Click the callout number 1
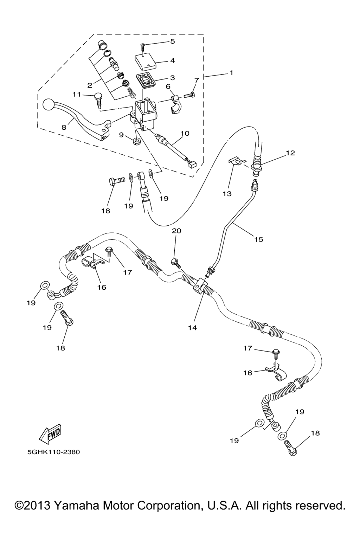[x=231, y=72]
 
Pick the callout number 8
[x=64, y=128]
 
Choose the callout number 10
[x=185, y=134]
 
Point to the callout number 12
[x=290, y=153]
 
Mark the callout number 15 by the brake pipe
[x=259, y=239]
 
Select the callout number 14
[x=192, y=328]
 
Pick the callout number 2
[x=90, y=85]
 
